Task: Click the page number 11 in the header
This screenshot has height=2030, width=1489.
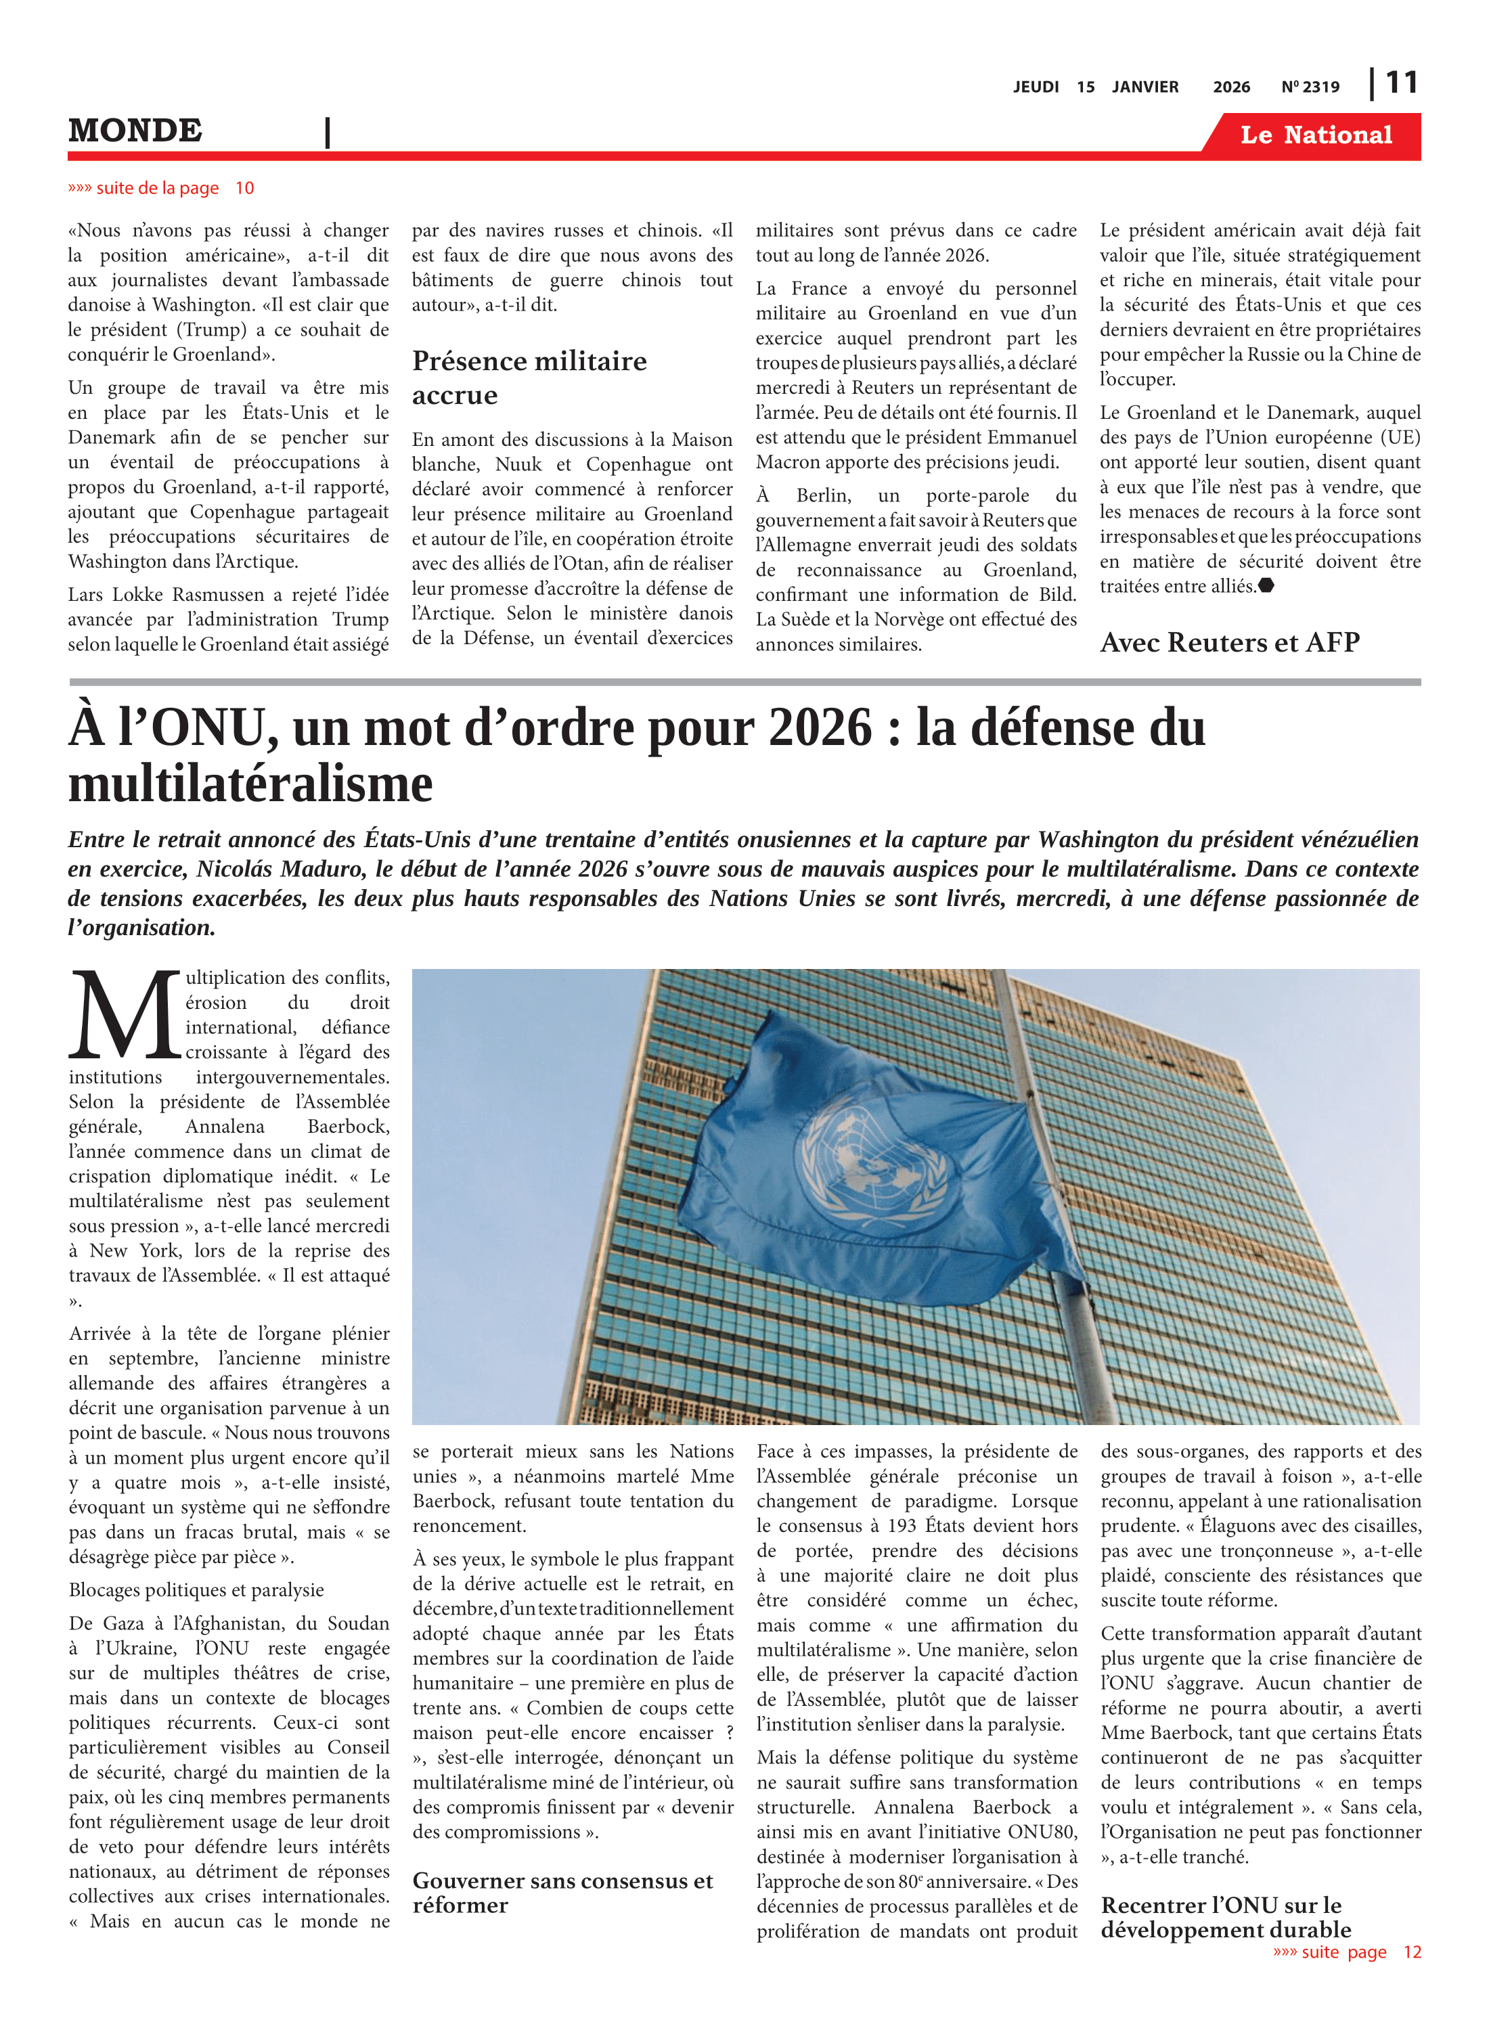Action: pyautogui.click(x=1402, y=83)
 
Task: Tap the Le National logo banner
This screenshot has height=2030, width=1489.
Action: pyautogui.click(x=1315, y=135)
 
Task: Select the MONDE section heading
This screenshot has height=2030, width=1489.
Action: pyautogui.click(x=135, y=131)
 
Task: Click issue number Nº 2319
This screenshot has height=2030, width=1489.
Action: pyautogui.click(x=1310, y=87)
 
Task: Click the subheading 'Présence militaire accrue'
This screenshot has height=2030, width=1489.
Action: pyautogui.click(x=529, y=378)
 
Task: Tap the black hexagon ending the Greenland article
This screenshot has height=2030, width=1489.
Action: pyautogui.click(x=1266, y=586)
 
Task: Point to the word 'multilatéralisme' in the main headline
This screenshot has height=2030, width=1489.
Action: pyautogui.click(x=250, y=784)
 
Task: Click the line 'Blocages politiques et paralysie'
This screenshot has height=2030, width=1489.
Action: pyautogui.click(x=196, y=1590)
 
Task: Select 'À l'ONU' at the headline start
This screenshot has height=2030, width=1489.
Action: pyautogui.click(x=171, y=728)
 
